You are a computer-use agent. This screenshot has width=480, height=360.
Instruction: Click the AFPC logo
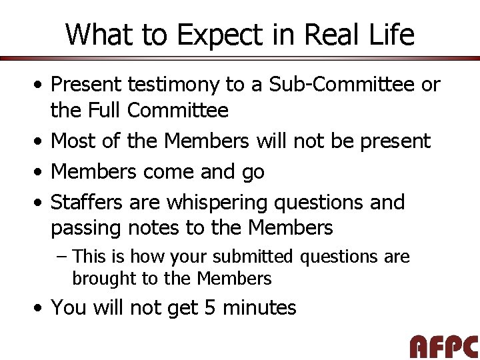[x=443, y=347]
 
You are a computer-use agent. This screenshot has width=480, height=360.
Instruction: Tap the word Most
[x=73, y=141]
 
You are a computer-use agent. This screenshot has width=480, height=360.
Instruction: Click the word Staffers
[x=87, y=202]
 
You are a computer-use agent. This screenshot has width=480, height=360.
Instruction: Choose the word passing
[x=86, y=229]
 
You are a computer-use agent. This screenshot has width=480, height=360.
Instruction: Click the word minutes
[x=259, y=307]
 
